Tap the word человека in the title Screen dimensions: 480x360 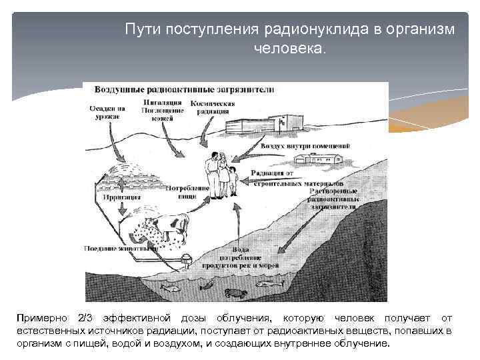(x=287, y=49)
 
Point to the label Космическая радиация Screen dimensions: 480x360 (x=213, y=107)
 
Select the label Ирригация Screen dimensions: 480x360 (x=117, y=197)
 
